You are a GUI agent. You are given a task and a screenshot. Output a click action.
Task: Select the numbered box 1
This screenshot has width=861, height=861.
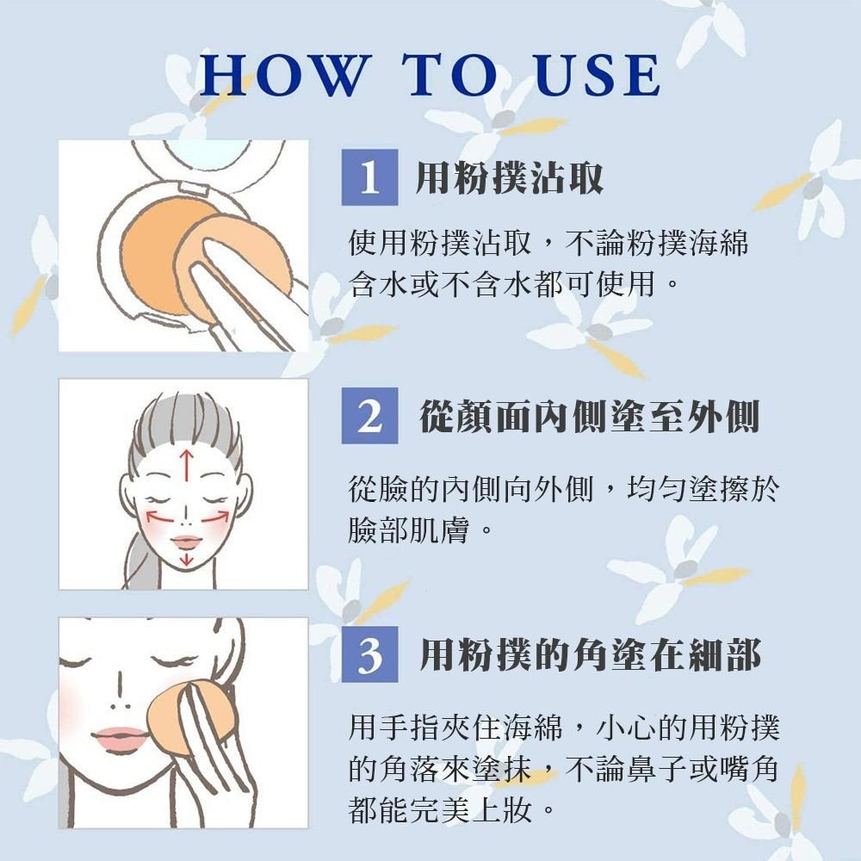point(369,177)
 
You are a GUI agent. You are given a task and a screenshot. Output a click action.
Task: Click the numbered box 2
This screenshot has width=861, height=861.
point(369,415)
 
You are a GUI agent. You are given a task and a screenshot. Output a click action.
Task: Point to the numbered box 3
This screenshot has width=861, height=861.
point(369,654)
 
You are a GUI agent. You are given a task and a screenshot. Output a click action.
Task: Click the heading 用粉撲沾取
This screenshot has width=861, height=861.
point(509,177)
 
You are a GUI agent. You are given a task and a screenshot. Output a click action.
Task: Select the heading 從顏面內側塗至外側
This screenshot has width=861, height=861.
point(589,416)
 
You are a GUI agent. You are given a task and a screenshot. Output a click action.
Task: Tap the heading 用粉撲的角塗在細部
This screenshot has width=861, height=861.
point(590,654)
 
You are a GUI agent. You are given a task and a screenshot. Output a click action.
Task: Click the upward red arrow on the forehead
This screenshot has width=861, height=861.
point(187,465)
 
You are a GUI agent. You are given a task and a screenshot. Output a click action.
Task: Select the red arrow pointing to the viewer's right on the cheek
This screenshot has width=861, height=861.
point(215,516)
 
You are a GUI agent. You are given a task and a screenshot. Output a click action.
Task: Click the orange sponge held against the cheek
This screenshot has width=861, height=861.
point(187,719)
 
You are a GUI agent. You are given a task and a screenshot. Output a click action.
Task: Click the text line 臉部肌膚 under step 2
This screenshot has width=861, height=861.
point(408,530)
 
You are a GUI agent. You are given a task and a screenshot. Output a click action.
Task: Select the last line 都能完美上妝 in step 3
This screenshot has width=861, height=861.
point(440,808)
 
